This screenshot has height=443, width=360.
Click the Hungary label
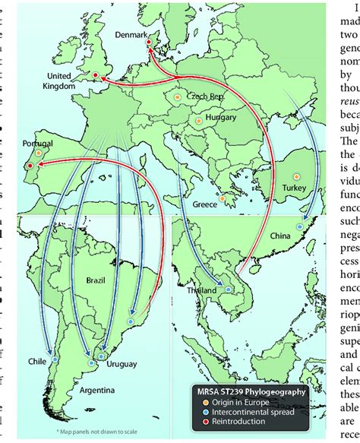(x=220, y=118)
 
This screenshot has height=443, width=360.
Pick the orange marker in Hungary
(x=198, y=120)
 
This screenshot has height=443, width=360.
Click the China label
(x=280, y=237)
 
